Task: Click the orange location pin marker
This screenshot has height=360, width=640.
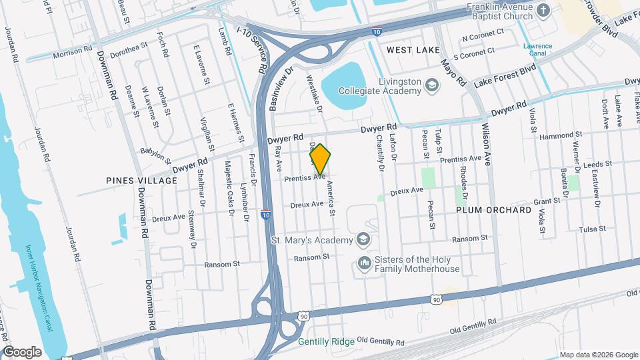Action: tap(320, 159)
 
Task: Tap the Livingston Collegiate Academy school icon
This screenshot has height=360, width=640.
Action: tap(432, 85)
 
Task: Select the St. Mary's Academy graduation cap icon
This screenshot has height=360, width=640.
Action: tap(363, 239)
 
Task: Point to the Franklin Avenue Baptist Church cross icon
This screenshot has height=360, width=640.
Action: tap(543, 10)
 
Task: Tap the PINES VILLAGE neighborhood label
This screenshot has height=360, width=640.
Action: tap(132, 180)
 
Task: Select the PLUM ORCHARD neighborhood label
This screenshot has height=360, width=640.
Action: tap(493, 209)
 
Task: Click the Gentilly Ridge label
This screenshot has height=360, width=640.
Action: tap(326, 341)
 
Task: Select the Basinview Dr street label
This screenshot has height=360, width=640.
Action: tap(280, 87)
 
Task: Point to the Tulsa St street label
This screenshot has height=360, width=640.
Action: tap(592, 229)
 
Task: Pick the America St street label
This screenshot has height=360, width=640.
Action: tap(329, 200)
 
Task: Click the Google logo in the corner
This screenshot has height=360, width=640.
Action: tap(23, 351)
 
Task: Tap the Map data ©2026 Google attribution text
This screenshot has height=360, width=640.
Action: tap(597, 355)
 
